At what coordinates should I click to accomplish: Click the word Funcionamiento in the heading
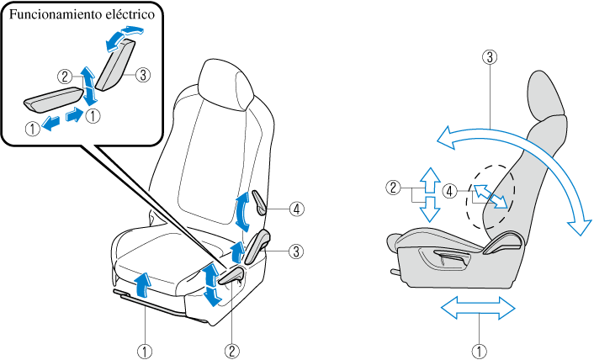(53, 16)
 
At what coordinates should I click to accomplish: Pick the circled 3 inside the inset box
(143, 75)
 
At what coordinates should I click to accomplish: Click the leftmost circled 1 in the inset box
(31, 129)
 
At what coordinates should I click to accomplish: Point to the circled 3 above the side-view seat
(489, 58)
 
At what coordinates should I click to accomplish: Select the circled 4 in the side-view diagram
(451, 191)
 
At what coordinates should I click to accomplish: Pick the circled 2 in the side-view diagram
(392, 188)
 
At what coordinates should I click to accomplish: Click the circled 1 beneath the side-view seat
(479, 347)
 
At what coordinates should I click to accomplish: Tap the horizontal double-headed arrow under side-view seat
(478, 309)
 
